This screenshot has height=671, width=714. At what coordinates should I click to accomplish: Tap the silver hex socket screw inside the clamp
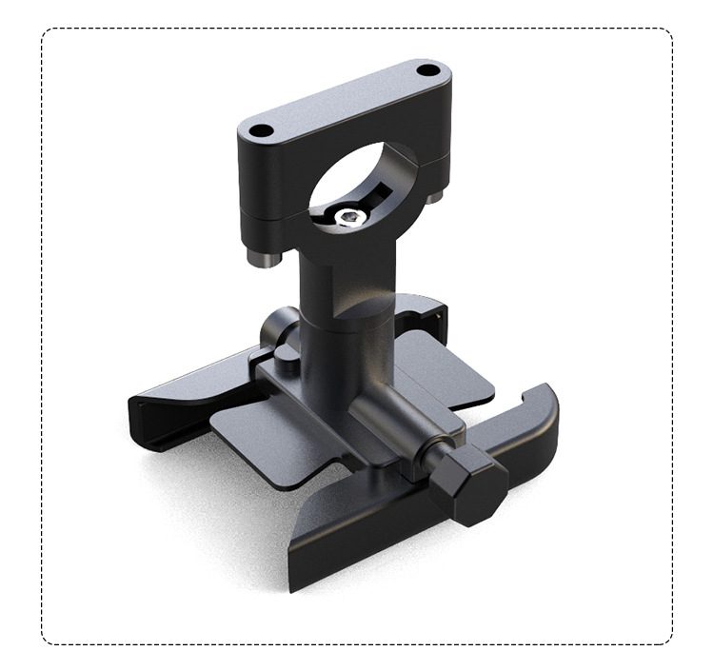click(x=351, y=218)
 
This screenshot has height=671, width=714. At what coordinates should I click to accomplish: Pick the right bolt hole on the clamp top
click(x=428, y=69)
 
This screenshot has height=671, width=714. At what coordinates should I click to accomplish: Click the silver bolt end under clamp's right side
click(x=434, y=196)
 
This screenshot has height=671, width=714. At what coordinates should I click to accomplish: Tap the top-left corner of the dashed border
click(x=44, y=30)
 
